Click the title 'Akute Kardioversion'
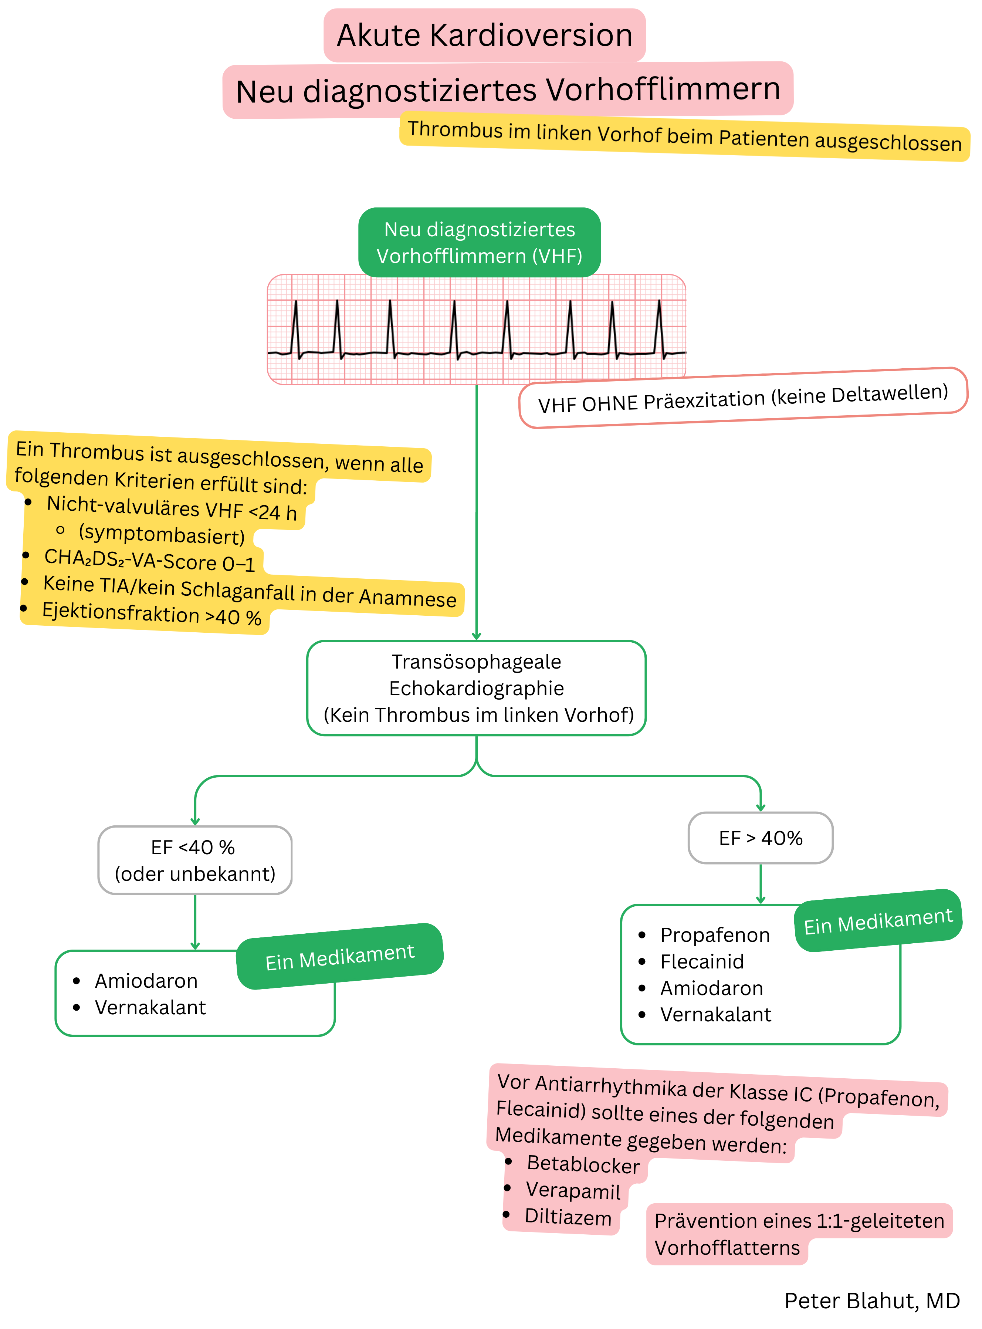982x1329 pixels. click(x=484, y=35)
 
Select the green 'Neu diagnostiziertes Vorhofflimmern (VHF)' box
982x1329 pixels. click(x=479, y=243)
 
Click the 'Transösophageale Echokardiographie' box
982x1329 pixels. click(x=476, y=688)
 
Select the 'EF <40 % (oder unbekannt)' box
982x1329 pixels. click(x=195, y=860)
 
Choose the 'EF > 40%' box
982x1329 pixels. click(x=760, y=838)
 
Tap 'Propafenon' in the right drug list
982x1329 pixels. click(x=715, y=935)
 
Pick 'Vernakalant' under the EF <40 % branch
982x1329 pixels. click(x=150, y=1007)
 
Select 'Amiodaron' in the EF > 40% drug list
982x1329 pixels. click(x=711, y=988)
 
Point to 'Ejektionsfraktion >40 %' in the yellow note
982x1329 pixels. click(x=152, y=614)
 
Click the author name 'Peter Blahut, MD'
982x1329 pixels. click(x=871, y=1301)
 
